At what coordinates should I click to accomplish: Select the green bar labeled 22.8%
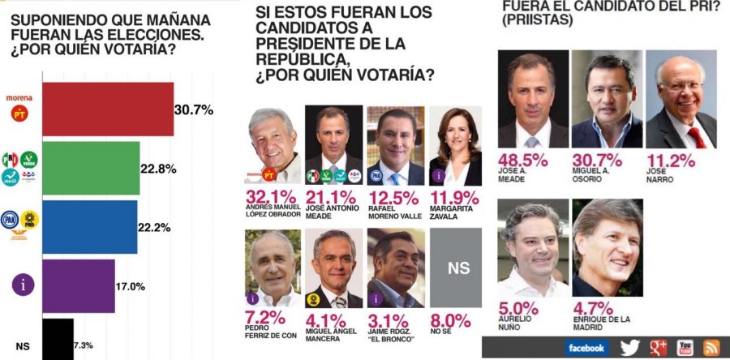coord(89,169)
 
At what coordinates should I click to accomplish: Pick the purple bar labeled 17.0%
coord(77,285)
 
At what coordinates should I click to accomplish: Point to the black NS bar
coord(57,339)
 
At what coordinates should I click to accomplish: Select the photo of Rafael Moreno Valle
coord(396,146)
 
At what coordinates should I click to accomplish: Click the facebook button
coord(586,348)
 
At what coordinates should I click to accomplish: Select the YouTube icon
coord(685,348)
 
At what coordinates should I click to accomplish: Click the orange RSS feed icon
coord(711,348)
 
